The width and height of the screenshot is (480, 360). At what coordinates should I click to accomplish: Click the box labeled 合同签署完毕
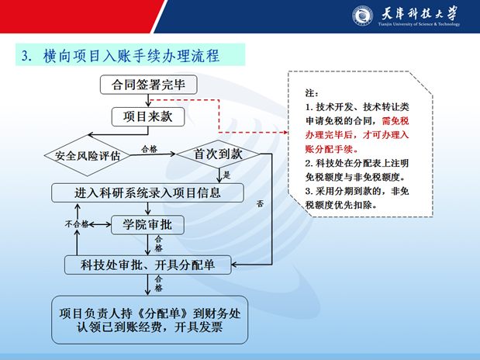(148, 84)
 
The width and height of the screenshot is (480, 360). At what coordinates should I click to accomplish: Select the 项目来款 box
(148, 116)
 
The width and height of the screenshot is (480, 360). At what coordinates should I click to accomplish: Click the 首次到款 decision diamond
(218, 154)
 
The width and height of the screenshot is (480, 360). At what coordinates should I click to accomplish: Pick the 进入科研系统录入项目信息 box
(147, 192)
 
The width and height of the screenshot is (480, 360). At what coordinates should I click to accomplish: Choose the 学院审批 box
(147, 224)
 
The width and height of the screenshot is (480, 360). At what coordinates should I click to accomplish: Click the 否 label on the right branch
(260, 205)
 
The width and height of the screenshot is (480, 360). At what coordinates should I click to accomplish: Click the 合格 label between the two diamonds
(148, 147)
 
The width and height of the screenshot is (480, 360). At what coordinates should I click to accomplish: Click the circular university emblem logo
(363, 16)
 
